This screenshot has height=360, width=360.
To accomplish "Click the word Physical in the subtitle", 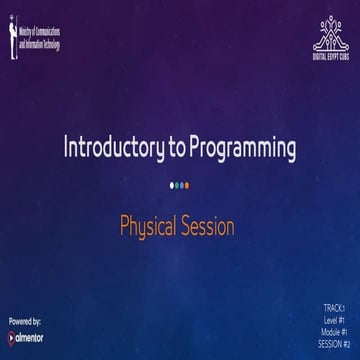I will [149, 226].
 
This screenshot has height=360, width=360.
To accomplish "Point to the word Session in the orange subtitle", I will [208, 226].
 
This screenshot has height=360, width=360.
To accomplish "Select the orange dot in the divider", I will [187, 185].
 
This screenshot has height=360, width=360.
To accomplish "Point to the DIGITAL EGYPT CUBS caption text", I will [329, 57].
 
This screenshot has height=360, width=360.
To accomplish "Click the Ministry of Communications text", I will [39, 39].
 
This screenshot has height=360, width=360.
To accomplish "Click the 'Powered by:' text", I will [25, 321].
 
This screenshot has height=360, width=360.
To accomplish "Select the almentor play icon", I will [12, 338].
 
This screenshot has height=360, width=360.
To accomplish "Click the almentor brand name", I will [31, 338].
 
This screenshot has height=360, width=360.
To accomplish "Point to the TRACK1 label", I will [334, 307].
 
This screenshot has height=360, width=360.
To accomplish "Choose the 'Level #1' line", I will [334, 319].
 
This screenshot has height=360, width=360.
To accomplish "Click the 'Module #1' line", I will [334, 331].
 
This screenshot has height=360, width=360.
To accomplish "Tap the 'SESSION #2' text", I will [334, 343].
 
